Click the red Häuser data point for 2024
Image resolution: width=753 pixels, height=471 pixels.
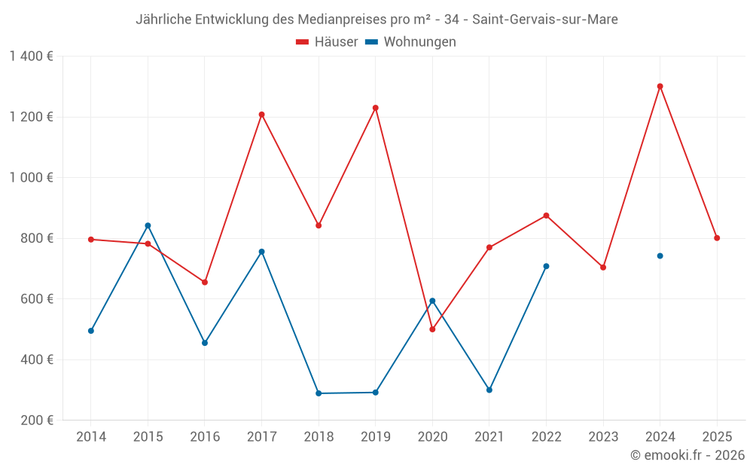[x=660, y=86]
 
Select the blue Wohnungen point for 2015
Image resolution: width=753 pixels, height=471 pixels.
[x=148, y=225]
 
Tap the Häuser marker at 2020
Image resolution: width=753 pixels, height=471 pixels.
[x=432, y=329]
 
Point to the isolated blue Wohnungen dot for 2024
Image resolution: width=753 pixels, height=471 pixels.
[x=660, y=256]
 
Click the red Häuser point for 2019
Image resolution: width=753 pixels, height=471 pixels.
[x=376, y=108]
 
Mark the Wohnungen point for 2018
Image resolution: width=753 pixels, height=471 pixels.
[x=319, y=393]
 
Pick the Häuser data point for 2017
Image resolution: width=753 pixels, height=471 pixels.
[x=261, y=115]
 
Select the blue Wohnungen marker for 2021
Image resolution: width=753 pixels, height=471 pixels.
[x=489, y=390]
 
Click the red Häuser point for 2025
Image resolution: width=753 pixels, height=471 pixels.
[x=717, y=238]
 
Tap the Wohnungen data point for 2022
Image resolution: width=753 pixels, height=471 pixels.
[x=546, y=266]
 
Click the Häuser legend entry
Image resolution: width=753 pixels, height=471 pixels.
[x=327, y=42]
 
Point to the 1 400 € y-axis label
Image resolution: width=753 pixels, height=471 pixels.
[x=31, y=57]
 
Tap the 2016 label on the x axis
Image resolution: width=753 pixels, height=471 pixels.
[x=205, y=437]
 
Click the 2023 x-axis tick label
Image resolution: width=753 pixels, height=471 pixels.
[x=603, y=437]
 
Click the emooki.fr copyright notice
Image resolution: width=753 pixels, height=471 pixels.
[x=687, y=455]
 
